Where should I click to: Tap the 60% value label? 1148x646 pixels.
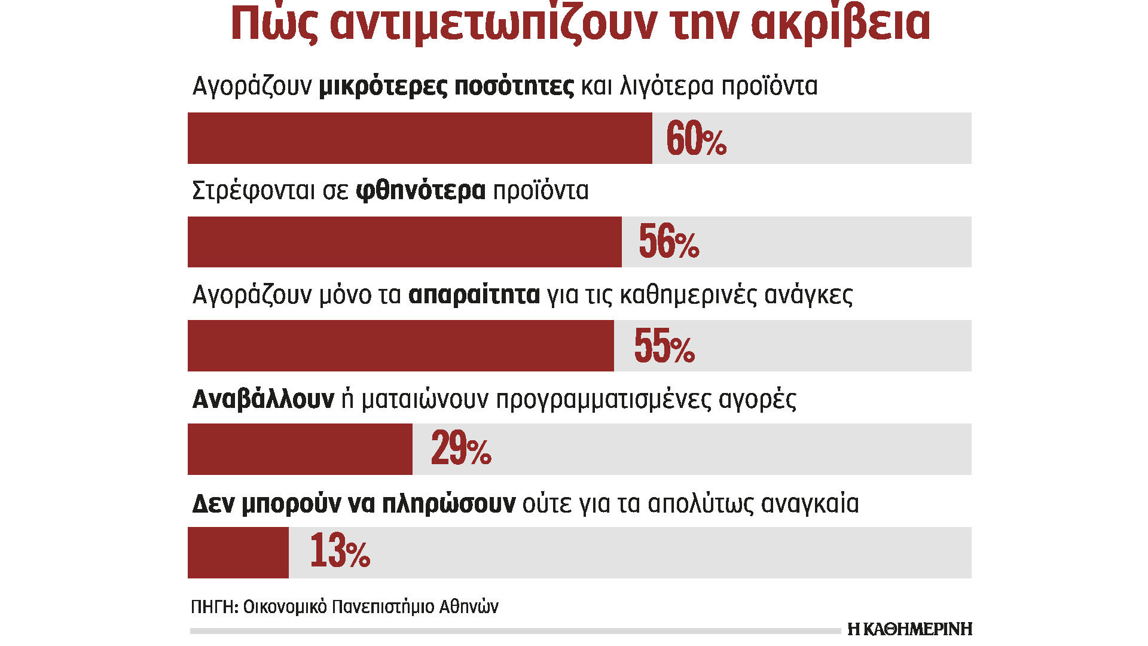pyautogui.click(x=696, y=139)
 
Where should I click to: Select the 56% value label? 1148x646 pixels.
pyautogui.click(x=668, y=242)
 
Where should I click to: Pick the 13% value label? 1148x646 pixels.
pyautogui.click(x=340, y=551)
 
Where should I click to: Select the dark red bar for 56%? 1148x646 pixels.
pyautogui.click(x=404, y=242)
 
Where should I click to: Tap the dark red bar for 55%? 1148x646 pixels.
pyautogui.click(x=401, y=346)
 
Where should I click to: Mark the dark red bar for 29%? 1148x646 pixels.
pyautogui.click(x=300, y=449)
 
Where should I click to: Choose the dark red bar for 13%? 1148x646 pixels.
pyautogui.click(x=238, y=553)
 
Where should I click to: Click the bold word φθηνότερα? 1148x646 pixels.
pyautogui.click(x=420, y=191)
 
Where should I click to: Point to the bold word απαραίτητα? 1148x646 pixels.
pyautogui.click(x=474, y=295)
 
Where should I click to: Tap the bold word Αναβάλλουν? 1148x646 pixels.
pyautogui.click(x=263, y=399)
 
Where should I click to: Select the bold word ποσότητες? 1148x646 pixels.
pyautogui.click(x=514, y=87)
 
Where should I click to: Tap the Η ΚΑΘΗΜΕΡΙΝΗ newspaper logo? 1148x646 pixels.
pyautogui.click(x=909, y=629)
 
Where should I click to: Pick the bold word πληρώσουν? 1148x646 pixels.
pyautogui.click(x=448, y=504)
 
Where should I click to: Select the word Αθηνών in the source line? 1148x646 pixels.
pyautogui.click(x=469, y=607)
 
